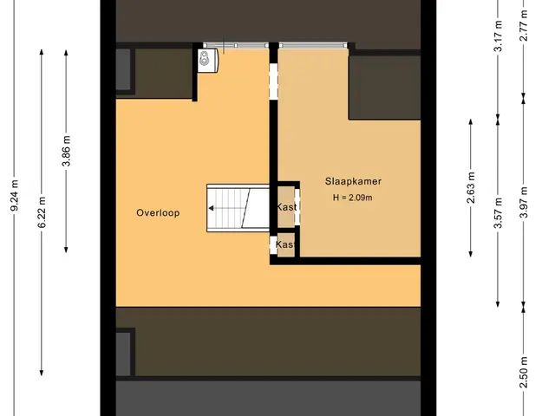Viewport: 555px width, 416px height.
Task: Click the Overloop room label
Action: click(158, 213)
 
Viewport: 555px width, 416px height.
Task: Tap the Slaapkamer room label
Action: click(353, 181)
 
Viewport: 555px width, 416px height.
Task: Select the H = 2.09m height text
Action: click(353, 198)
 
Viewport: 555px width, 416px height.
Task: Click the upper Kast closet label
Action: click(286, 206)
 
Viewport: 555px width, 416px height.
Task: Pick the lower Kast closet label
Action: click(285, 244)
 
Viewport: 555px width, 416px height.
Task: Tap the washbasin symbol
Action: click(208, 61)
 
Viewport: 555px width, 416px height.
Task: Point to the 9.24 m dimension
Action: click(15, 195)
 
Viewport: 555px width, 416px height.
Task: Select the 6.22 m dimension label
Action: click(42, 212)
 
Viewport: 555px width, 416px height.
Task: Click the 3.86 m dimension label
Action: click(66, 151)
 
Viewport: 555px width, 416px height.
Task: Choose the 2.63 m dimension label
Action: click(471, 188)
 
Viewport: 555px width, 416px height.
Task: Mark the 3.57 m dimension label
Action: click(498, 213)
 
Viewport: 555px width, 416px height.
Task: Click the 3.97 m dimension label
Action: click(524, 202)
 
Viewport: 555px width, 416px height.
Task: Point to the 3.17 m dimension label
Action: click(498, 36)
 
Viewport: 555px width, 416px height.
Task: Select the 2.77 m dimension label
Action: click(524, 25)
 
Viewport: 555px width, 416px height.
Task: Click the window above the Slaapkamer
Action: click(313, 45)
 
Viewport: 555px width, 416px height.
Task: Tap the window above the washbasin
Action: click(236, 45)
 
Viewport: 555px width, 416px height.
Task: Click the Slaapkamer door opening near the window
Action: click(274, 81)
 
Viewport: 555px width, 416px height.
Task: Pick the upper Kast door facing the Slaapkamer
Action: click(297, 207)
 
